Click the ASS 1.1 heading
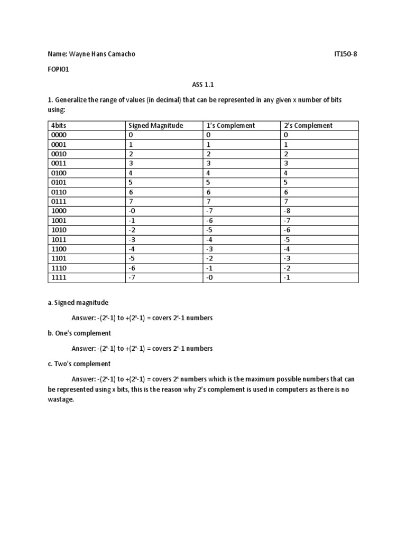coord(202,84)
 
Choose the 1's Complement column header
coord(230,125)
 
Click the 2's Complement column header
coord(308,125)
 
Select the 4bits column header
coord(58,125)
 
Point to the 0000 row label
coord(58,135)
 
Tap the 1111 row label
coord(58,277)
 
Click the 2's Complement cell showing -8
coord(288,211)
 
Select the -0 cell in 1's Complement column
coord(210,277)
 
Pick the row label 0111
coord(58,201)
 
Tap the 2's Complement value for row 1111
coord(288,277)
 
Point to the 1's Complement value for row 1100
coord(210,249)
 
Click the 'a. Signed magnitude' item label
coord(78,303)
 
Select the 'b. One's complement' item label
coord(79,333)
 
